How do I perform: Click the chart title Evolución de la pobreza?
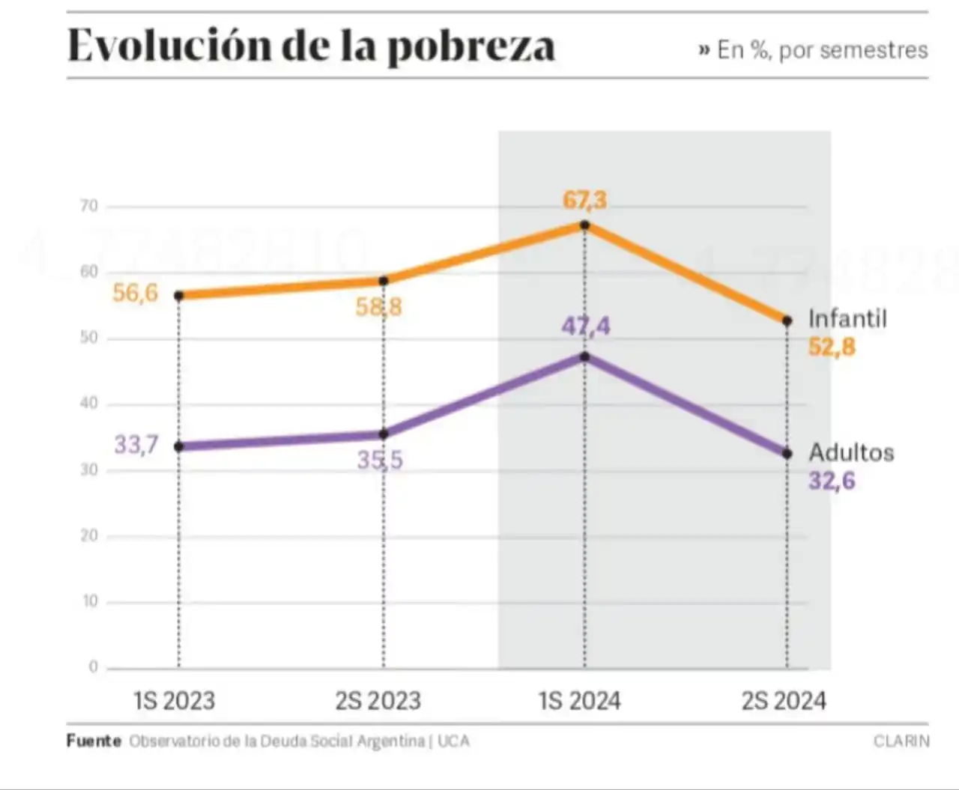click(x=311, y=46)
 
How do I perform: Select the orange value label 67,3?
click(x=585, y=201)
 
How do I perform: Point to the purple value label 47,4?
click(x=586, y=326)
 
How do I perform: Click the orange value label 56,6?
click(x=136, y=293)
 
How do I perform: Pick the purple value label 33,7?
click(x=136, y=445)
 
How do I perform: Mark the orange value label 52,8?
click(x=832, y=347)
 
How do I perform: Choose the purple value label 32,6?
click(x=832, y=481)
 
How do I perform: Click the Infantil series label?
click(x=847, y=319)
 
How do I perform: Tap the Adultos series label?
click(x=851, y=453)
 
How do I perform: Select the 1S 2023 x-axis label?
click(x=175, y=701)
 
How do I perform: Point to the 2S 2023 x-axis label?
click(x=378, y=701)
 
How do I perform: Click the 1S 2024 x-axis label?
click(x=580, y=701)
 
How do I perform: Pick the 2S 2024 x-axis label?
click(x=784, y=701)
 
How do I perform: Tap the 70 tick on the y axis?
click(x=89, y=206)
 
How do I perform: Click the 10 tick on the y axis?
click(x=90, y=601)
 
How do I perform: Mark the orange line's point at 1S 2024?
click(x=584, y=225)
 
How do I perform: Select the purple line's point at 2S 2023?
click(x=384, y=434)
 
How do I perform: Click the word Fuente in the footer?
click(x=94, y=741)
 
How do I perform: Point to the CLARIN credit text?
click(x=901, y=741)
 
